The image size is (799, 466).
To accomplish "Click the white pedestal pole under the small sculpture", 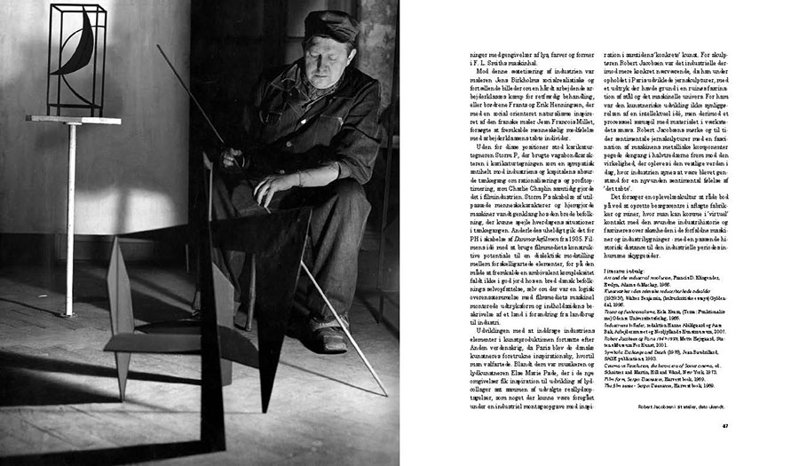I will click(68, 222).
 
